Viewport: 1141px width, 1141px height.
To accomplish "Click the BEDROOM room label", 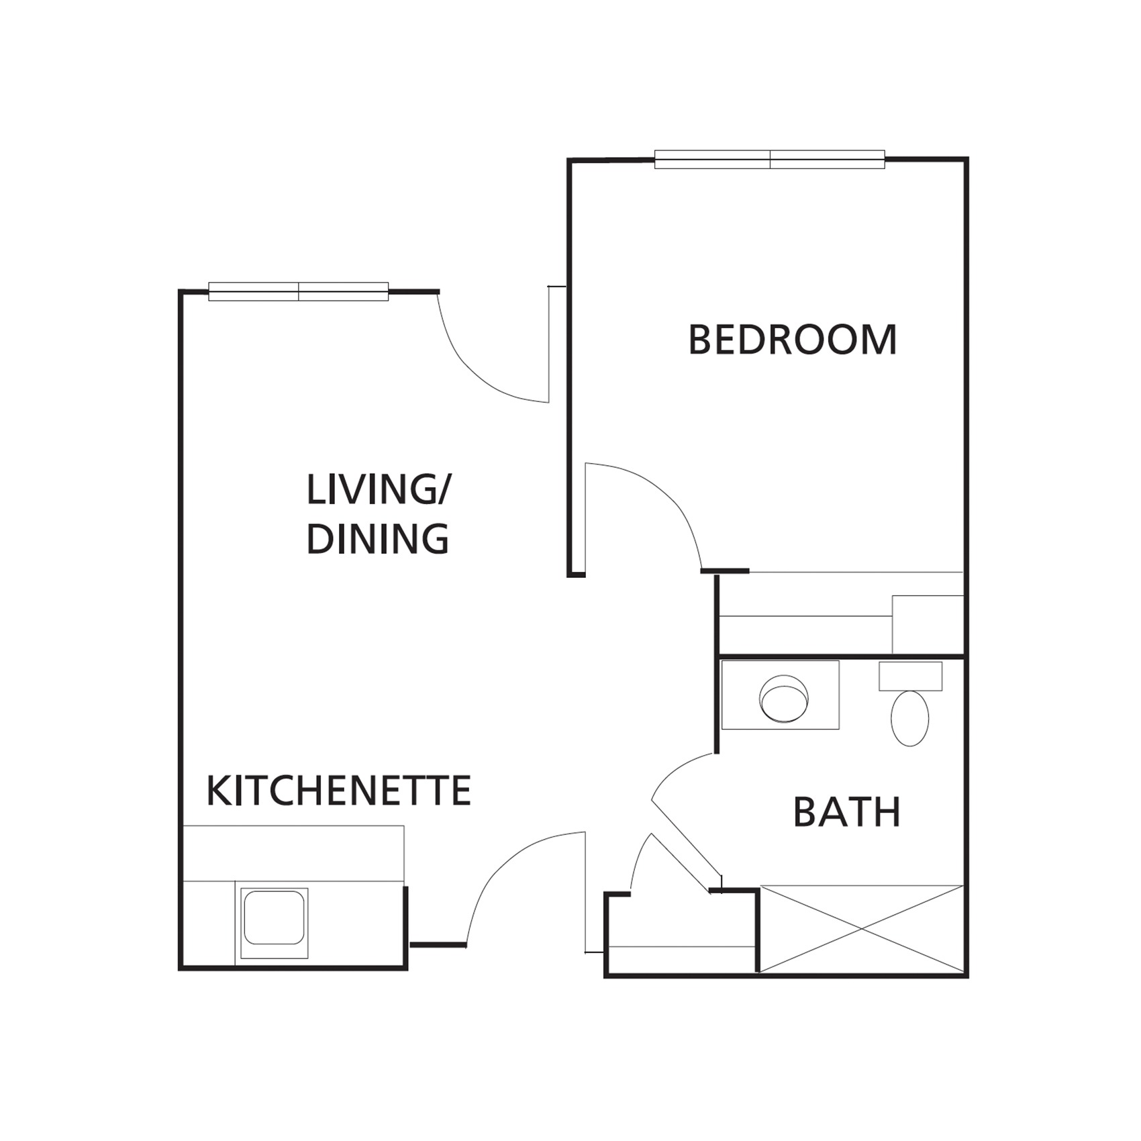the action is (792, 340).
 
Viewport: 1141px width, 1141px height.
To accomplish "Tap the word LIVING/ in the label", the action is (379, 490).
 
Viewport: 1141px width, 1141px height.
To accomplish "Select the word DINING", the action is (378, 538).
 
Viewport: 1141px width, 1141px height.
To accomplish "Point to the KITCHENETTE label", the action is (338, 791).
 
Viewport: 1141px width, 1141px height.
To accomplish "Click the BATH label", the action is (847, 812).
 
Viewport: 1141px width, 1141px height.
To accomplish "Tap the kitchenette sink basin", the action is (274, 917).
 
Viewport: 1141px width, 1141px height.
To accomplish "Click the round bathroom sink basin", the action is (783, 698).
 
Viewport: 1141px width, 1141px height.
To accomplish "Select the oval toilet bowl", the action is (910, 718).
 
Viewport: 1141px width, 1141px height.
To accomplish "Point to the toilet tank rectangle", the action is (911, 676).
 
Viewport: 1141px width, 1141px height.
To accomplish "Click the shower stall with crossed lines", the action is (862, 929).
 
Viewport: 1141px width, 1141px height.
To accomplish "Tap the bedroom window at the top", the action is (770, 159).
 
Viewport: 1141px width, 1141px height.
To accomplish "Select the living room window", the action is (299, 291).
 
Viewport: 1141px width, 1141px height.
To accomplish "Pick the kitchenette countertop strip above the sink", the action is (293, 854).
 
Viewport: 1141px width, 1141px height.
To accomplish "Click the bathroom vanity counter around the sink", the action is (780, 695).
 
